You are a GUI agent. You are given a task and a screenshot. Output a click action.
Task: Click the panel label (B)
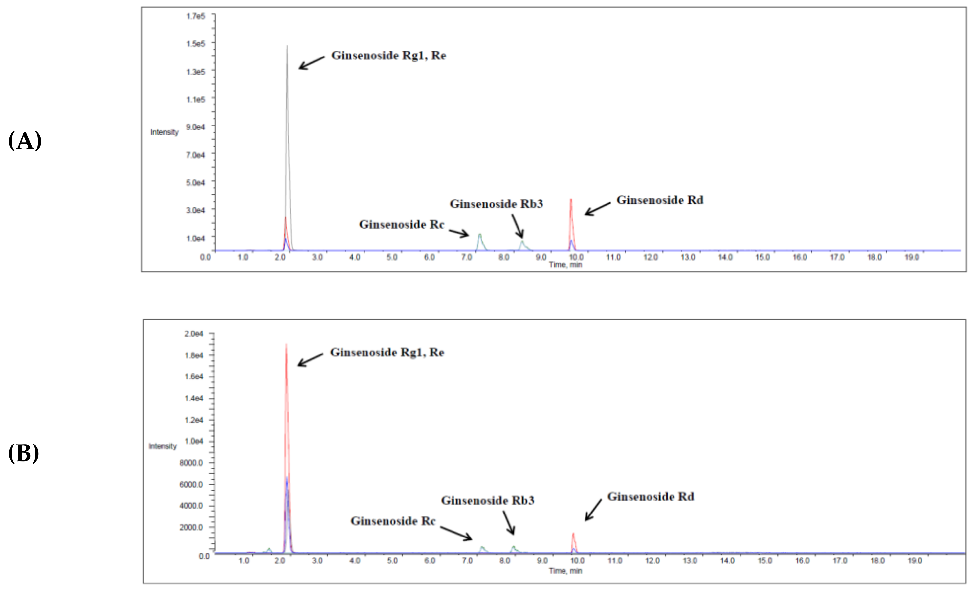(23, 453)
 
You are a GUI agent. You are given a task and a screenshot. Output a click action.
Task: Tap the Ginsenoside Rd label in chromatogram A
(660, 200)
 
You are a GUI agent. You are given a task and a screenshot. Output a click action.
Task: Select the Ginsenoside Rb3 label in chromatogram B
(488, 500)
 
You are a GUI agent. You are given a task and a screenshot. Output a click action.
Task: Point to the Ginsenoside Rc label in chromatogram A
(401, 225)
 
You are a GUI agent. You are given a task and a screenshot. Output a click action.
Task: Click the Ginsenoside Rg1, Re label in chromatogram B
(387, 352)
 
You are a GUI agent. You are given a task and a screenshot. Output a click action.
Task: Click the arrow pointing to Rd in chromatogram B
(593, 510)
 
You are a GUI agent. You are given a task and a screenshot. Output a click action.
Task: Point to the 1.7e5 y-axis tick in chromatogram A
(196, 16)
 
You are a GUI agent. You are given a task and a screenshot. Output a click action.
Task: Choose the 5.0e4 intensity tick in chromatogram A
(196, 183)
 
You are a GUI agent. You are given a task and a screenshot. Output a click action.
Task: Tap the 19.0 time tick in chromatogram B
(915, 561)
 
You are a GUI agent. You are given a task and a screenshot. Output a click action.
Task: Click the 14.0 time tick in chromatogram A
(725, 258)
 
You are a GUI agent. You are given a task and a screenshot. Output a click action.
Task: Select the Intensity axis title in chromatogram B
(163, 446)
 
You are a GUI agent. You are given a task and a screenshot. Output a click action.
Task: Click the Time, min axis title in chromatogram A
(565, 265)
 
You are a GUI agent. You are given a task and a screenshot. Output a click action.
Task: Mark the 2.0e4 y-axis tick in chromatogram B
(193, 334)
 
